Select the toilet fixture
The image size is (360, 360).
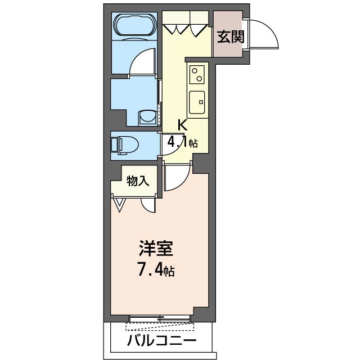coord(124,145)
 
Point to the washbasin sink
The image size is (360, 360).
coord(147,116)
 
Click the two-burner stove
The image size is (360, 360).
coord(197,74)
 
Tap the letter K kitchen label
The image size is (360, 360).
coord(183,125)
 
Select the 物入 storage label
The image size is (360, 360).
coord(138,181)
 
